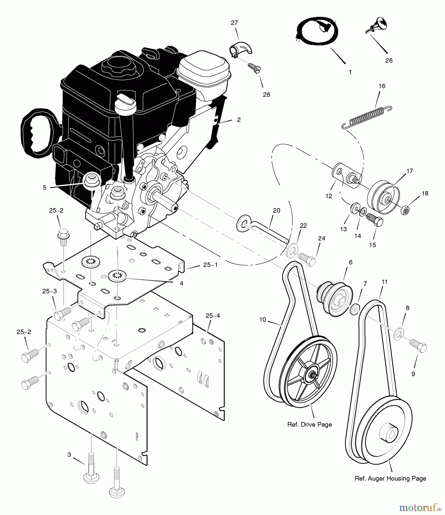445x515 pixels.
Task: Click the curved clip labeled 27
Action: click(x=241, y=49)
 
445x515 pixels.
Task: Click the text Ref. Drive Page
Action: click(x=309, y=425)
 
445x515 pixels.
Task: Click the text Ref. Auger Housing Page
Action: click(x=390, y=478)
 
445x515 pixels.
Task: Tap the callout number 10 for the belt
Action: click(x=263, y=320)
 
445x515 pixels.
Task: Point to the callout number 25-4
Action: click(x=212, y=316)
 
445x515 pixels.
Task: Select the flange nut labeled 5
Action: click(x=91, y=181)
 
